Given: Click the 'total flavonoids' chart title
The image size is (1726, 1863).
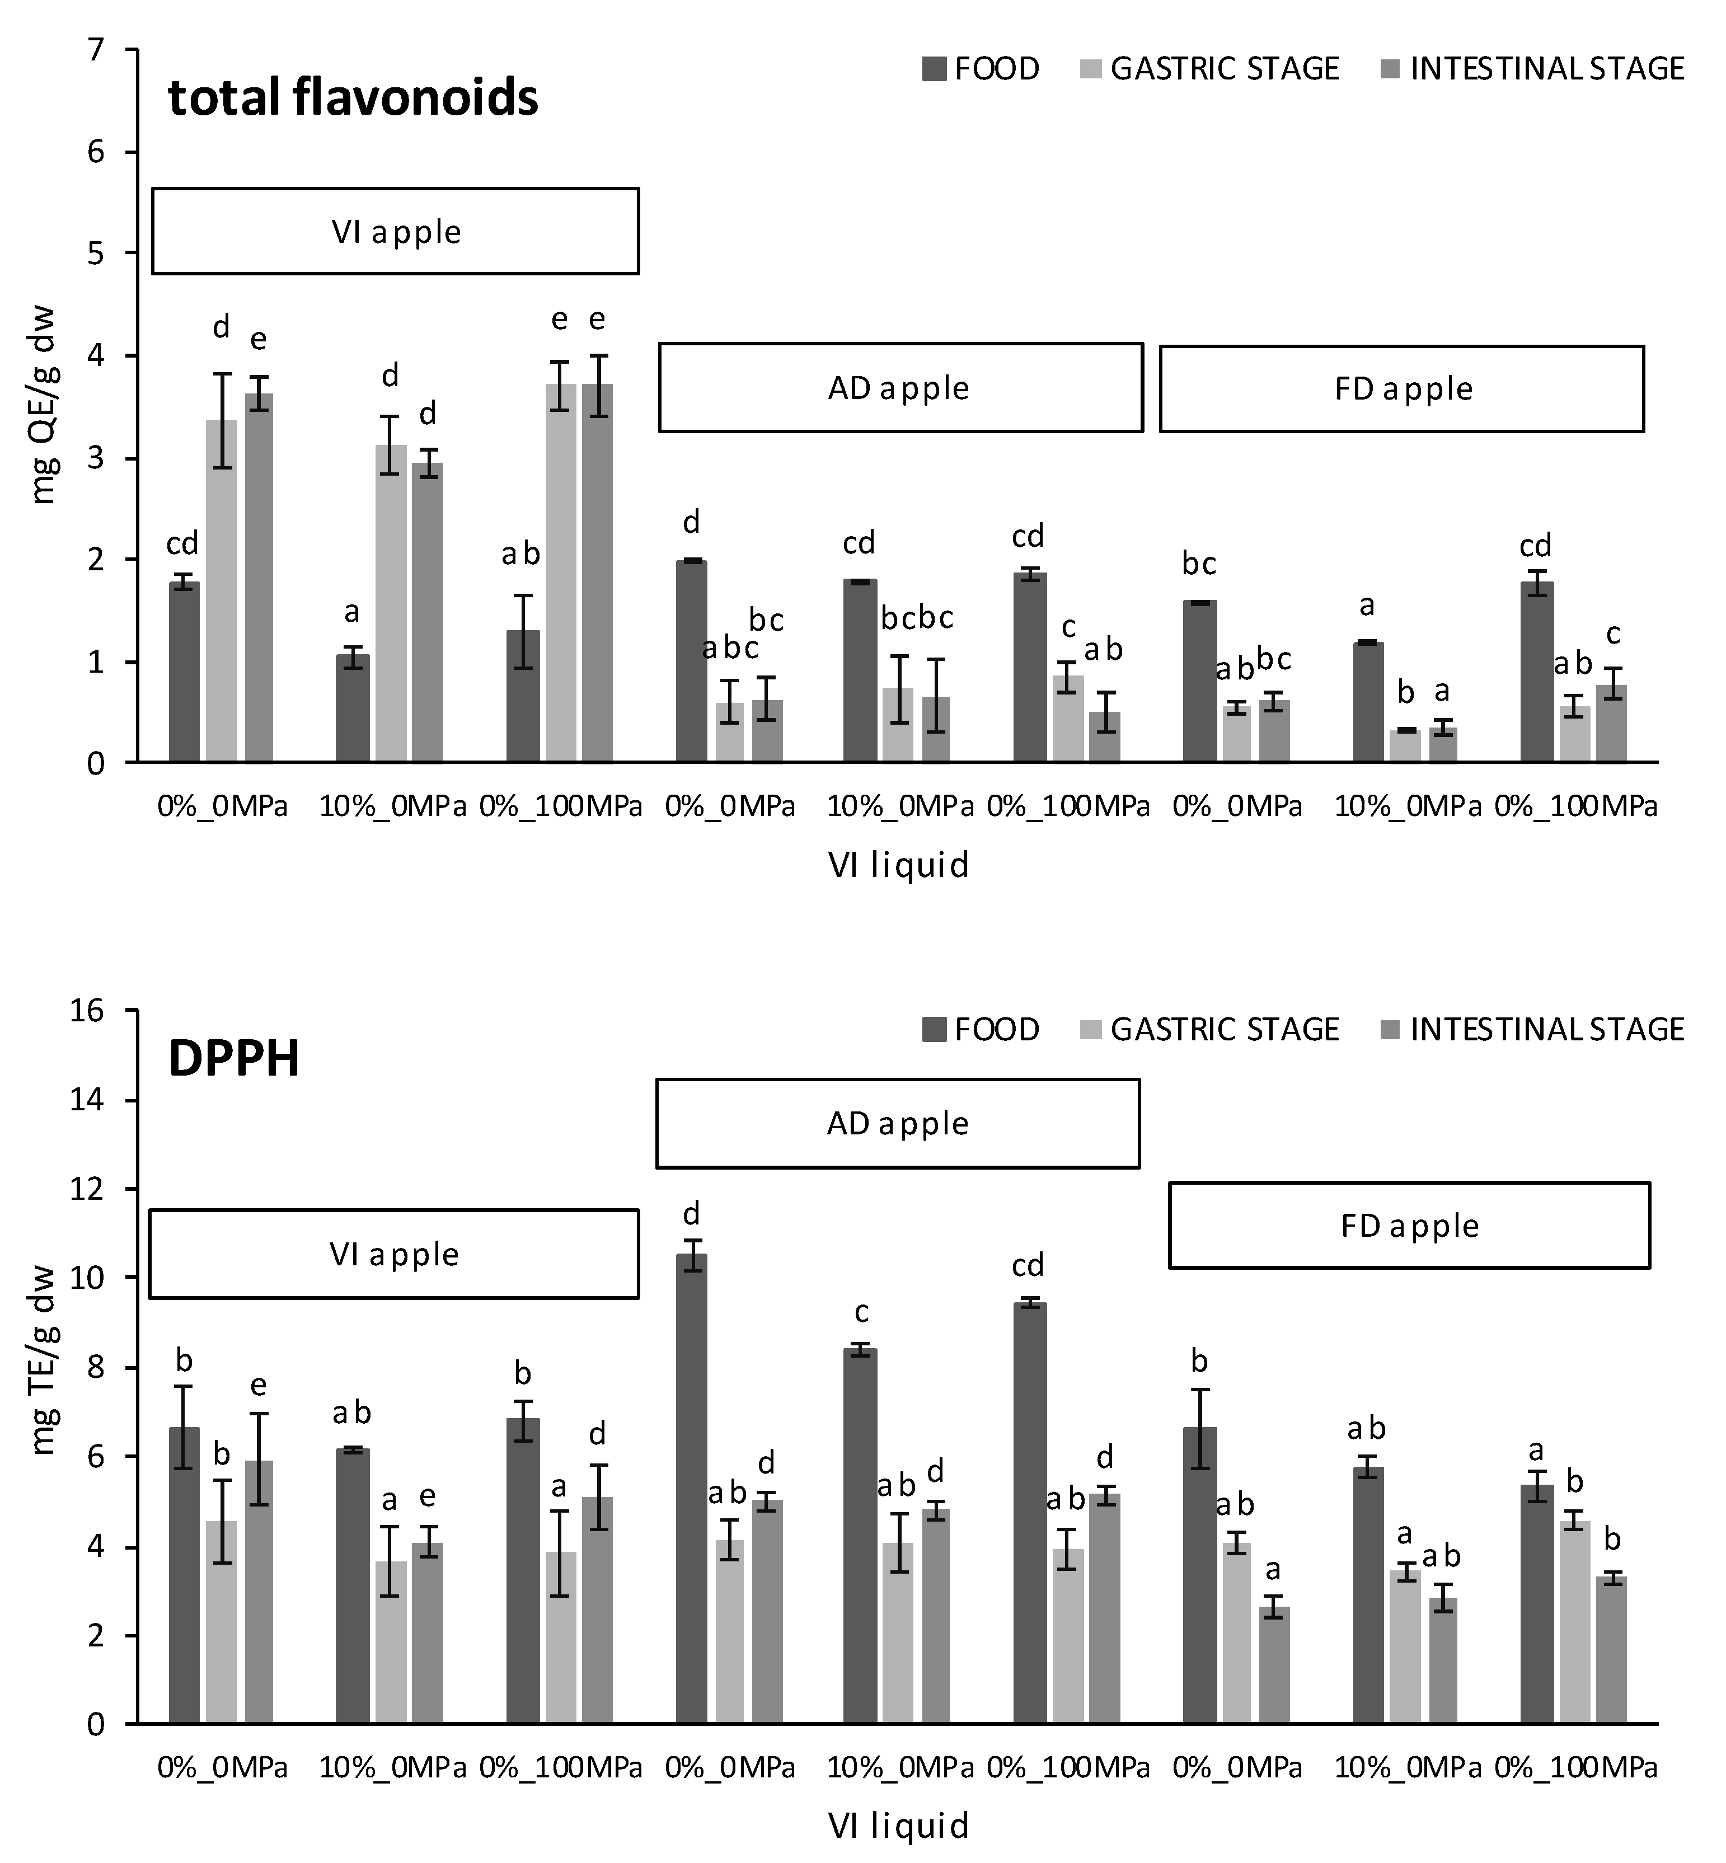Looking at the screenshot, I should click(353, 97).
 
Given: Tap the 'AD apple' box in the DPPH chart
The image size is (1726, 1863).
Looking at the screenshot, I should click(898, 1123).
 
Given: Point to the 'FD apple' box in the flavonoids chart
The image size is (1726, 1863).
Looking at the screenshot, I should click(1402, 388).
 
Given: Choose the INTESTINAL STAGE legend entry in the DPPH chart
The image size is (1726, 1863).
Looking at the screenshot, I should click(1532, 1029).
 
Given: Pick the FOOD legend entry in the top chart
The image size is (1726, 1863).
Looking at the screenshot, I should click(981, 69).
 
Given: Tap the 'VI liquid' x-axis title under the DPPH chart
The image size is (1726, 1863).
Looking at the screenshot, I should click(898, 1826).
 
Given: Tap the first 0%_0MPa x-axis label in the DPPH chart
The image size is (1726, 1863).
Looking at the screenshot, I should click(222, 1768).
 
